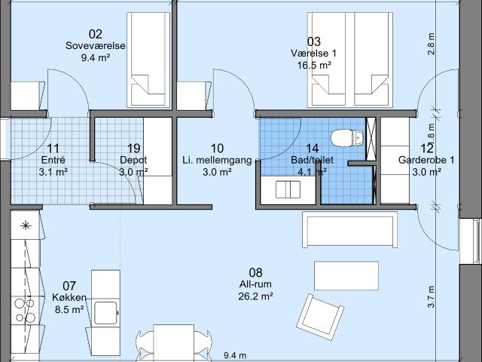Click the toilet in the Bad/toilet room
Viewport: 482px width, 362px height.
pyautogui.click(x=347, y=138)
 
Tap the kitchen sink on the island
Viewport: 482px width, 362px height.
pyautogui.click(x=105, y=313)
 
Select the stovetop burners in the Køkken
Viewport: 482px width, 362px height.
pyautogui.click(x=25, y=310)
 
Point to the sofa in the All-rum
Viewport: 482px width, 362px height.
pyautogui.click(x=349, y=229)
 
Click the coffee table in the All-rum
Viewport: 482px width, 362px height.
pyautogui.click(x=346, y=275)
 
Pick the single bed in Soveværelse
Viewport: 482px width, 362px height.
pyautogui.click(x=149, y=60)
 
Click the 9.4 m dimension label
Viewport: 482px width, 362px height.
pyautogui.click(x=235, y=356)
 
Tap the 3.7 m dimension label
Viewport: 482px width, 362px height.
pyautogui.click(x=431, y=296)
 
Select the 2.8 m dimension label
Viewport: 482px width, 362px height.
pyautogui.click(x=432, y=44)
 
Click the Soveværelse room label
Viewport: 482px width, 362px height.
pyautogui.click(x=96, y=45)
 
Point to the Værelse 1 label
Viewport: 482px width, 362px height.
pyautogui.click(x=314, y=54)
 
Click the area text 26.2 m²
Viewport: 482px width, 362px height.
pyautogui.click(x=256, y=296)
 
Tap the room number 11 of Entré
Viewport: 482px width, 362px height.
pyautogui.click(x=53, y=149)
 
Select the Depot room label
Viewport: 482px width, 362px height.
pyautogui.click(x=133, y=160)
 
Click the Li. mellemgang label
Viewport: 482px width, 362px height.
pyautogui.click(x=217, y=160)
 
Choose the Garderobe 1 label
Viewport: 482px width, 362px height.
pyautogui.click(x=426, y=160)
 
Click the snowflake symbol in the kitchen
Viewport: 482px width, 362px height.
pyautogui.click(x=26, y=226)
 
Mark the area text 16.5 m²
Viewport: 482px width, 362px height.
pyautogui.click(x=314, y=66)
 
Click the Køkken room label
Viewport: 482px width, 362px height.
pyautogui.click(x=69, y=298)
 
